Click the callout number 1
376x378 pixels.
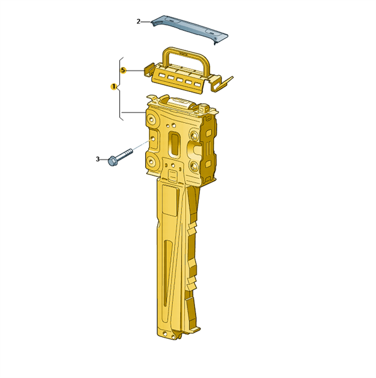click(114, 86)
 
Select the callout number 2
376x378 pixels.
click(138, 21)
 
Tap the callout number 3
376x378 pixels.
click(98, 159)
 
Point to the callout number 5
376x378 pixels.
click(123, 71)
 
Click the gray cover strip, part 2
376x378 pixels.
click(189, 29)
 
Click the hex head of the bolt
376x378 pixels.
click(112, 161)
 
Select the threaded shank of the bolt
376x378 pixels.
click(125, 153)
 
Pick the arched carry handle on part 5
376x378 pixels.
click(185, 58)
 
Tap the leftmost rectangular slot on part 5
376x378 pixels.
click(162, 76)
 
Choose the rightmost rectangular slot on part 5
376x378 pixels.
click(197, 84)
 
